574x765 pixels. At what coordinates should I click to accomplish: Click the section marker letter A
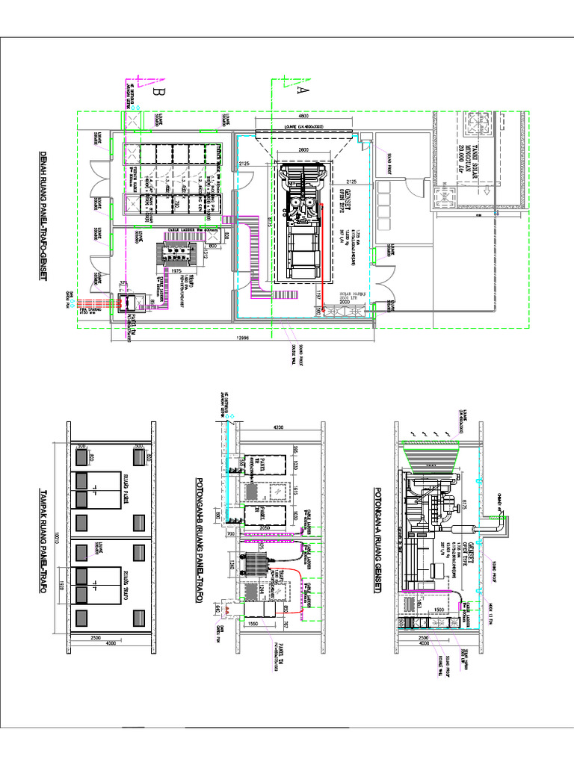pos(302,90)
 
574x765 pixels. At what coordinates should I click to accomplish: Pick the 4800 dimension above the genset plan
pos(303,117)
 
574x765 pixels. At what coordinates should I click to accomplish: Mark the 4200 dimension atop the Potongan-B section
pos(279,427)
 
